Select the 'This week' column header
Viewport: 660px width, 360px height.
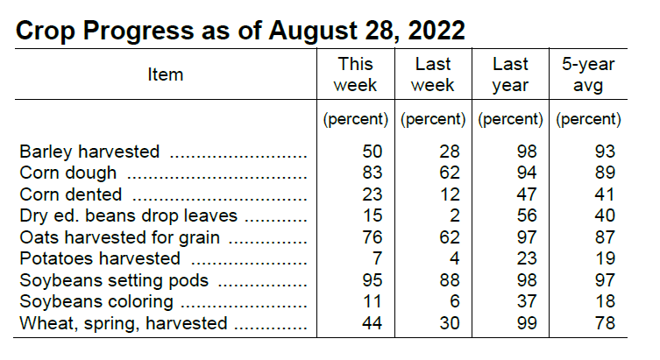[355, 74]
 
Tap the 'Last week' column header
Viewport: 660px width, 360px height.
[433, 74]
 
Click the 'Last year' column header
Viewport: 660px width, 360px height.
[510, 74]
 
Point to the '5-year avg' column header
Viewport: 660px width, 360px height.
[588, 74]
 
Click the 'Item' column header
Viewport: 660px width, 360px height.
[165, 74]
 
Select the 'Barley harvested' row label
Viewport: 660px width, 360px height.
[89, 152]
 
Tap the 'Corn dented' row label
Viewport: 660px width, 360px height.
[71, 194]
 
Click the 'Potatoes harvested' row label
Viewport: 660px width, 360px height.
[100, 258]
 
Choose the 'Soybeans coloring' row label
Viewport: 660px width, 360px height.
[96, 301]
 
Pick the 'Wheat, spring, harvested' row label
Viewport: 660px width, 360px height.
[124, 323]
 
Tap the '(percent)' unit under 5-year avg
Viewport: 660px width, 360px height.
[588, 118]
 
